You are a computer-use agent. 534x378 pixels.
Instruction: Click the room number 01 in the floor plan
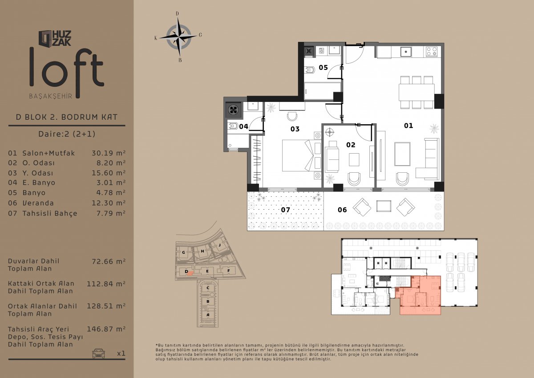point(409,126)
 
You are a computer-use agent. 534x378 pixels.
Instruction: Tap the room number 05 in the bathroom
point(323,68)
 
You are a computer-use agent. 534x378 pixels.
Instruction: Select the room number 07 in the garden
point(285,210)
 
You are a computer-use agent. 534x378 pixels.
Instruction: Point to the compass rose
point(178,37)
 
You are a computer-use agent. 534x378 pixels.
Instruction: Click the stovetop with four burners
point(432,52)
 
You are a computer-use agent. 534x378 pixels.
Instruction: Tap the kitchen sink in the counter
point(406,52)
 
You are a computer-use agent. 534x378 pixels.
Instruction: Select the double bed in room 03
point(298,155)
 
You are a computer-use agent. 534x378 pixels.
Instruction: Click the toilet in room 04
point(233,126)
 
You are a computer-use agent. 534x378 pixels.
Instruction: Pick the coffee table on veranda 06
point(384,206)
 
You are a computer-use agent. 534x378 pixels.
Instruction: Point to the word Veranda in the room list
point(38,203)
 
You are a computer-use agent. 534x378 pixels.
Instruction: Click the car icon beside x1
point(98,353)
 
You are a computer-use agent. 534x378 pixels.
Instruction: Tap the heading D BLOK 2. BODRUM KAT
point(67,117)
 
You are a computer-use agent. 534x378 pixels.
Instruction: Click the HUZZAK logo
point(55,38)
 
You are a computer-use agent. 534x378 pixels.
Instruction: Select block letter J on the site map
point(219,245)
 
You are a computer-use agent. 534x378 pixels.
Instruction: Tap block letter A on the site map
point(208,315)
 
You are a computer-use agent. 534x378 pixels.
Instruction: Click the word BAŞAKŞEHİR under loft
point(51,96)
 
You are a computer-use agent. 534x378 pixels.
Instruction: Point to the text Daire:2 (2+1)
point(67,134)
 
